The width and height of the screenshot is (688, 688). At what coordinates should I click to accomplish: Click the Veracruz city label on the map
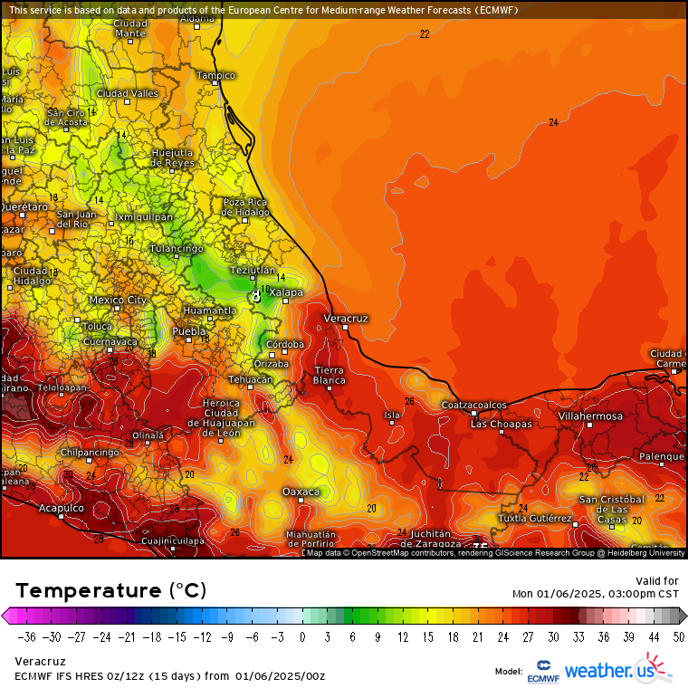tap(346, 319)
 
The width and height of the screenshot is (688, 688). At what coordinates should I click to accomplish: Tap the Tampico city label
tap(215, 75)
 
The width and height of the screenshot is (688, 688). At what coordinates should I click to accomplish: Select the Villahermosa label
tap(590, 416)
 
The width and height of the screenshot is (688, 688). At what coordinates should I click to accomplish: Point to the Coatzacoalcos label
tap(473, 405)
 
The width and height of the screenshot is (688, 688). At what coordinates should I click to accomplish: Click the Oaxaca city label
tap(301, 492)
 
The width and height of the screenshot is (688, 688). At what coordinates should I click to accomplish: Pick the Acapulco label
tap(61, 508)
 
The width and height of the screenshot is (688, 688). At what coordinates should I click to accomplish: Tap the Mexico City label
tap(118, 300)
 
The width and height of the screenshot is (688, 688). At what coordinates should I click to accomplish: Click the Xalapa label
tap(286, 292)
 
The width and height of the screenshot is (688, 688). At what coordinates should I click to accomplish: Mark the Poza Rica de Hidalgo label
tap(246, 207)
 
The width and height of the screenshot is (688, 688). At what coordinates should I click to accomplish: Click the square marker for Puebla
tap(188, 339)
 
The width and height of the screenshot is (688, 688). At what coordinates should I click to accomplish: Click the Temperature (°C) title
tap(110, 590)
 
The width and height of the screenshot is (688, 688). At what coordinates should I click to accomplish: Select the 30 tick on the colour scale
tap(552, 635)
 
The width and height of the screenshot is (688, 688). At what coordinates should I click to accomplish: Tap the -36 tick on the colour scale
tap(26, 635)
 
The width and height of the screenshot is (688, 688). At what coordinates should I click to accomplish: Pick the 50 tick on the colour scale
tap(678, 635)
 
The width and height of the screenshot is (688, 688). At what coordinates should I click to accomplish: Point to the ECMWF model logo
tap(542, 670)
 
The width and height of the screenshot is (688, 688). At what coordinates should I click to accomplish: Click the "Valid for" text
tap(658, 581)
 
